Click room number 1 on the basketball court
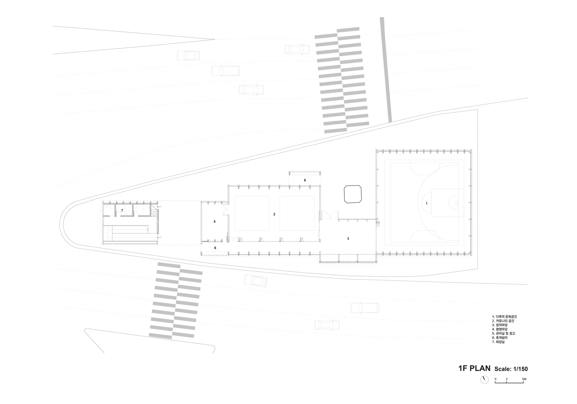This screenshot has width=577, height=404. (x=427, y=203)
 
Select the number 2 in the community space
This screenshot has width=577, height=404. (x=274, y=214)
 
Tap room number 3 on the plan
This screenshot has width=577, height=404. (x=348, y=238)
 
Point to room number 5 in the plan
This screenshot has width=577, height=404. (x=215, y=222)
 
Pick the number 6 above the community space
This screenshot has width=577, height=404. (x=305, y=180)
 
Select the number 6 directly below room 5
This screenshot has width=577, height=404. (x=215, y=248)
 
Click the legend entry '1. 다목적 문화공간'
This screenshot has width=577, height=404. (x=504, y=317)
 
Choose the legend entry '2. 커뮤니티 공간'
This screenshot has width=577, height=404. (x=503, y=321)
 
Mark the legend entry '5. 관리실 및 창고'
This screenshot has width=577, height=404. (x=503, y=333)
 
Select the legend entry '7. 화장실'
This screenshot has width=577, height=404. (x=498, y=342)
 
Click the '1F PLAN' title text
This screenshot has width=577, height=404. (x=474, y=368)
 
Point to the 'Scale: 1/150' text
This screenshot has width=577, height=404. (x=511, y=369)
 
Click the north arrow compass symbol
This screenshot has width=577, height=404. (x=484, y=387)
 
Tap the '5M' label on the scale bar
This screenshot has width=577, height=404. (x=524, y=379)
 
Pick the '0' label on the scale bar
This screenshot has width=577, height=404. (x=495, y=379)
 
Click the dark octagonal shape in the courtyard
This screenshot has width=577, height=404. (x=353, y=194)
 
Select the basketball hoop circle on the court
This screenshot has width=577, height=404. (x=456, y=203)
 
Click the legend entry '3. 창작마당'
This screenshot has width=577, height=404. (x=500, y=325)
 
